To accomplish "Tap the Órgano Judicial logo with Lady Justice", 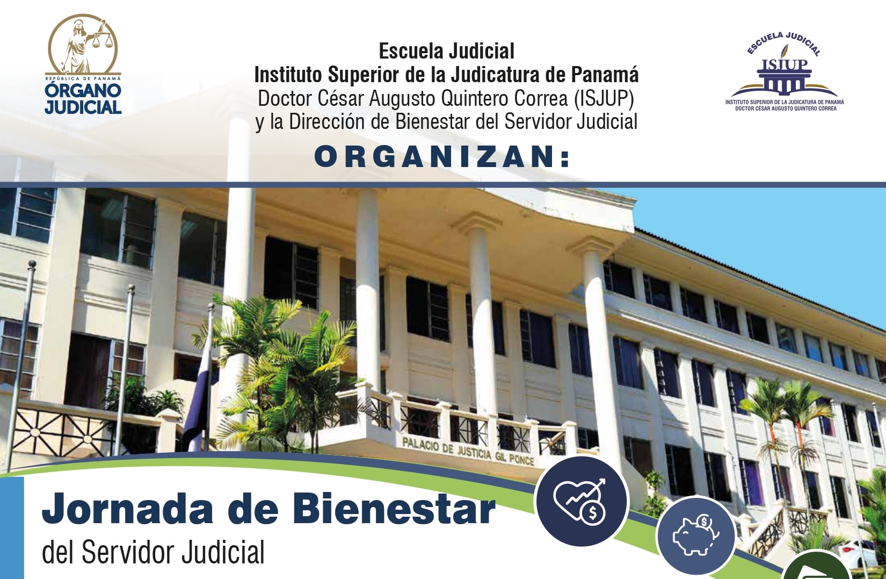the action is coord(83,64).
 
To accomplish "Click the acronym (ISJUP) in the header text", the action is coord(604,98).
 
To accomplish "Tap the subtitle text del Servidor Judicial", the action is coord(153,552).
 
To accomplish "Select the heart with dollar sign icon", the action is coord(581,501).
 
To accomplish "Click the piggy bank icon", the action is coord(695,535).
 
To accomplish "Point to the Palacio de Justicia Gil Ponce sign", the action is coord(468,452).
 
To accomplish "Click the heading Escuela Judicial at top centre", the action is coord(447,51).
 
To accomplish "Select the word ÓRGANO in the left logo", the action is coord(83,91).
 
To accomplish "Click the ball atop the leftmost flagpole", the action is coord(32,264).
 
